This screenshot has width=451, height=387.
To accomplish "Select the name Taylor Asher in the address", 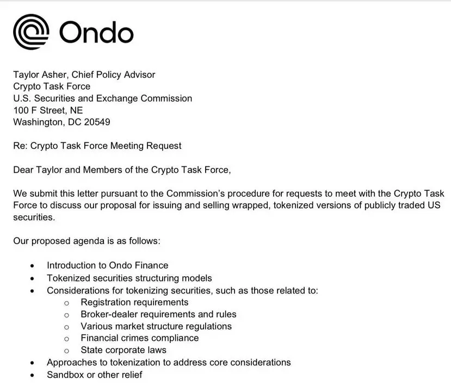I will pos(38,74).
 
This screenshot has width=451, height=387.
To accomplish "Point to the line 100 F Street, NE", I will pos(48,110).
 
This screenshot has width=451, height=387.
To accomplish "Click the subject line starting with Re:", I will pos(97,146).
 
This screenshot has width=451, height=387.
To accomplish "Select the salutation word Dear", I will pos(24,170).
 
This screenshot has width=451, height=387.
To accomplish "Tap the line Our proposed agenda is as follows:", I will pos(87,240).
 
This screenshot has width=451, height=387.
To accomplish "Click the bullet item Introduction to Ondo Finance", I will pos(107,265).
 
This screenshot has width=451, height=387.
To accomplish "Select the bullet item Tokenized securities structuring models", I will pos(129,278).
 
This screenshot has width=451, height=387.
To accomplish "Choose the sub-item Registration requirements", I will pos(134,302).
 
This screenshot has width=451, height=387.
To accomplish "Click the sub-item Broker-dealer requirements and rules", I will pos(158,314).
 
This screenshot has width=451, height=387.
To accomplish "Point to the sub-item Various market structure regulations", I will pos(156,326).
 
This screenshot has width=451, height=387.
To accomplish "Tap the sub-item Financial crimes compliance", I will pos(139,338).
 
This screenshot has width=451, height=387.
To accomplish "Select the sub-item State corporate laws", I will pos(123,350).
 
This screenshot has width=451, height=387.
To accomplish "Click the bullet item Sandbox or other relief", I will pos(94,374).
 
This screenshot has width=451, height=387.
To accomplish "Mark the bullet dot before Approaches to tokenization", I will pos(33,363).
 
